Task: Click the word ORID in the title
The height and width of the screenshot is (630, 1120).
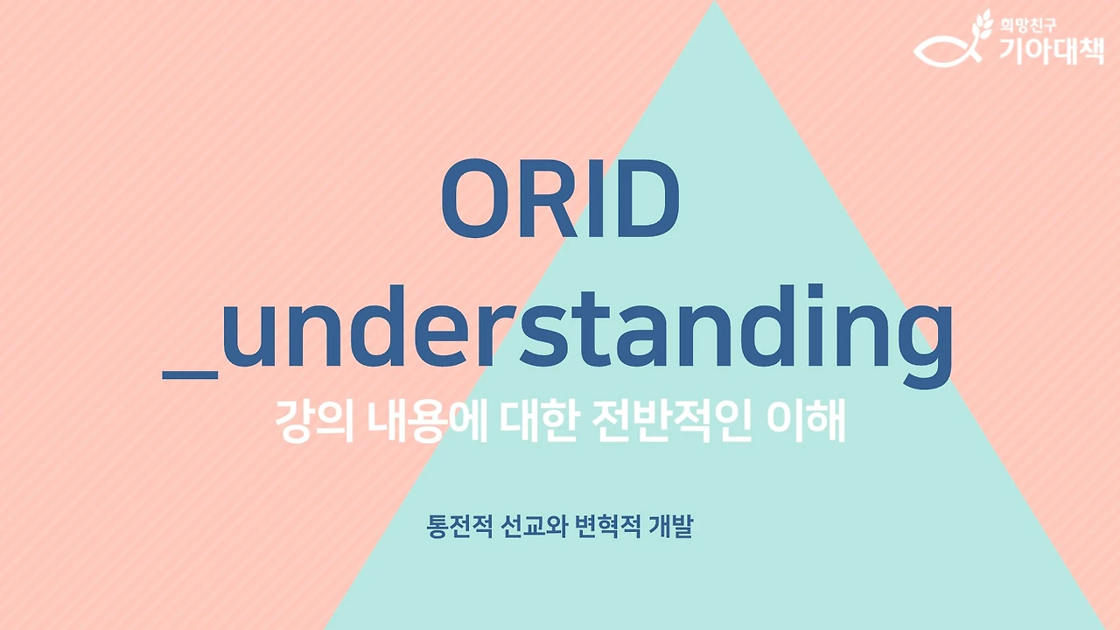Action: click(x=560, y=199)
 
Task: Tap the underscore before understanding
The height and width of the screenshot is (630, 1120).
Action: click(x=190, y=374)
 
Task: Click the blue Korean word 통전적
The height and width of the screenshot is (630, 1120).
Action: click(x=460, y=526)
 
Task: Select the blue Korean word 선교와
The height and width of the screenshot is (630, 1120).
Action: click(x=534, y=526)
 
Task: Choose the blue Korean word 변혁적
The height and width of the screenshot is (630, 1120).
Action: click(x=608, y=526)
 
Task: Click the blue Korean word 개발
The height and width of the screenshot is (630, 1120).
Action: click(x=671, y=526)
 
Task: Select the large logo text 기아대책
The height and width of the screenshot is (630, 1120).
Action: click(x=1052, y=51)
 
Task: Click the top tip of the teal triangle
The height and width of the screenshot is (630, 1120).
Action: click(x=715, y=1)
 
